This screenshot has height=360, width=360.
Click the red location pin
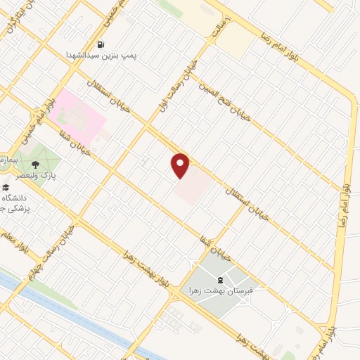point(181,166)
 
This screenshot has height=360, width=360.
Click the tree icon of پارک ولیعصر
point(54,160)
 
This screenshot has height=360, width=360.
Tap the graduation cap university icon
point(5,188)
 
